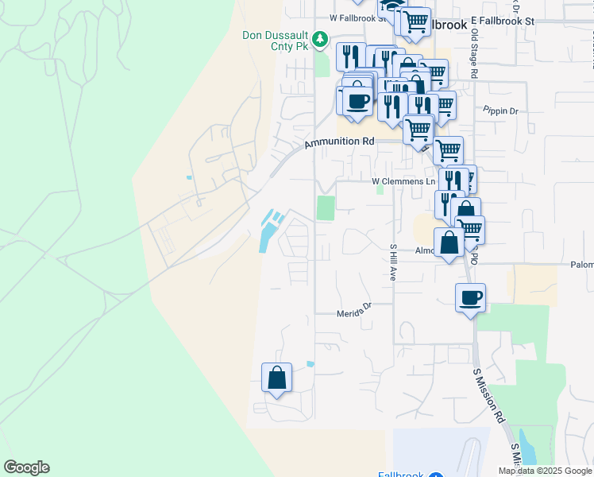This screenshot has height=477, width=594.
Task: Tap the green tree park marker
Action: point(319,38)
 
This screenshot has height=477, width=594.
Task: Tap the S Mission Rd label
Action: point(488,394)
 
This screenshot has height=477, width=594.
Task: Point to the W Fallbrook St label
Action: point(351,17)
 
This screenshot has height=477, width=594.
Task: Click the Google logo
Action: point(26,467)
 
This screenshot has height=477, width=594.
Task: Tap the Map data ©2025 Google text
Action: point(545,471)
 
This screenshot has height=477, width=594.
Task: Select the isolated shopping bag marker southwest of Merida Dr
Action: point(276,378)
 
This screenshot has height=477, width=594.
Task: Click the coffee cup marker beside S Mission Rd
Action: point(470,298)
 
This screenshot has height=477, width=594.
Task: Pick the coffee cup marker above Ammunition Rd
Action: point(357,102)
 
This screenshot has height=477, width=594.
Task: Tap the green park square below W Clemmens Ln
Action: point(326,208)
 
